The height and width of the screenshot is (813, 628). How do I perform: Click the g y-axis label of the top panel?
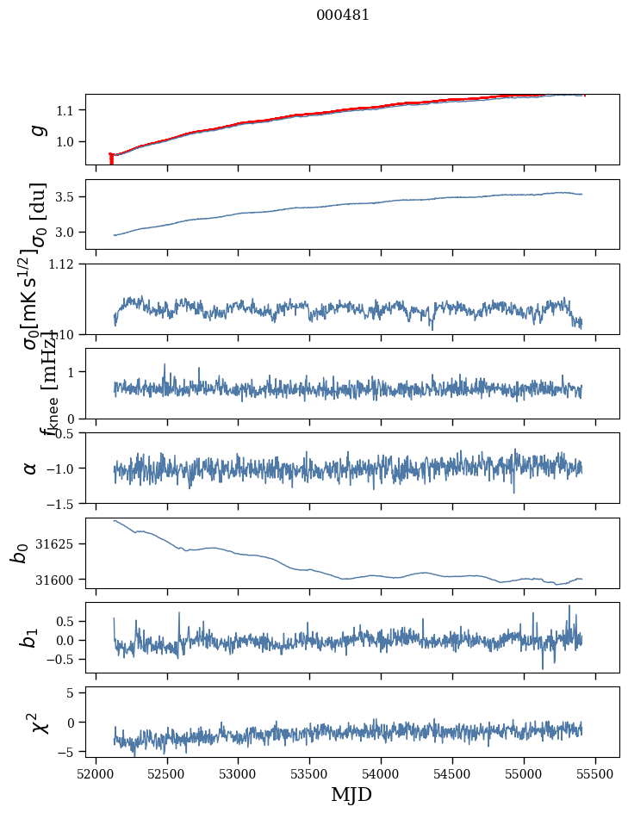click(36, 129)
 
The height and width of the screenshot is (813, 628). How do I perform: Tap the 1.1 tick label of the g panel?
click(67, 110)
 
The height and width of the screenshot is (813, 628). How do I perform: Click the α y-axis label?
click(31, 468)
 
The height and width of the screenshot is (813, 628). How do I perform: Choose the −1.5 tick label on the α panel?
click(61, 503)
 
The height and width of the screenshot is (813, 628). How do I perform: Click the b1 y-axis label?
click(31, 638)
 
